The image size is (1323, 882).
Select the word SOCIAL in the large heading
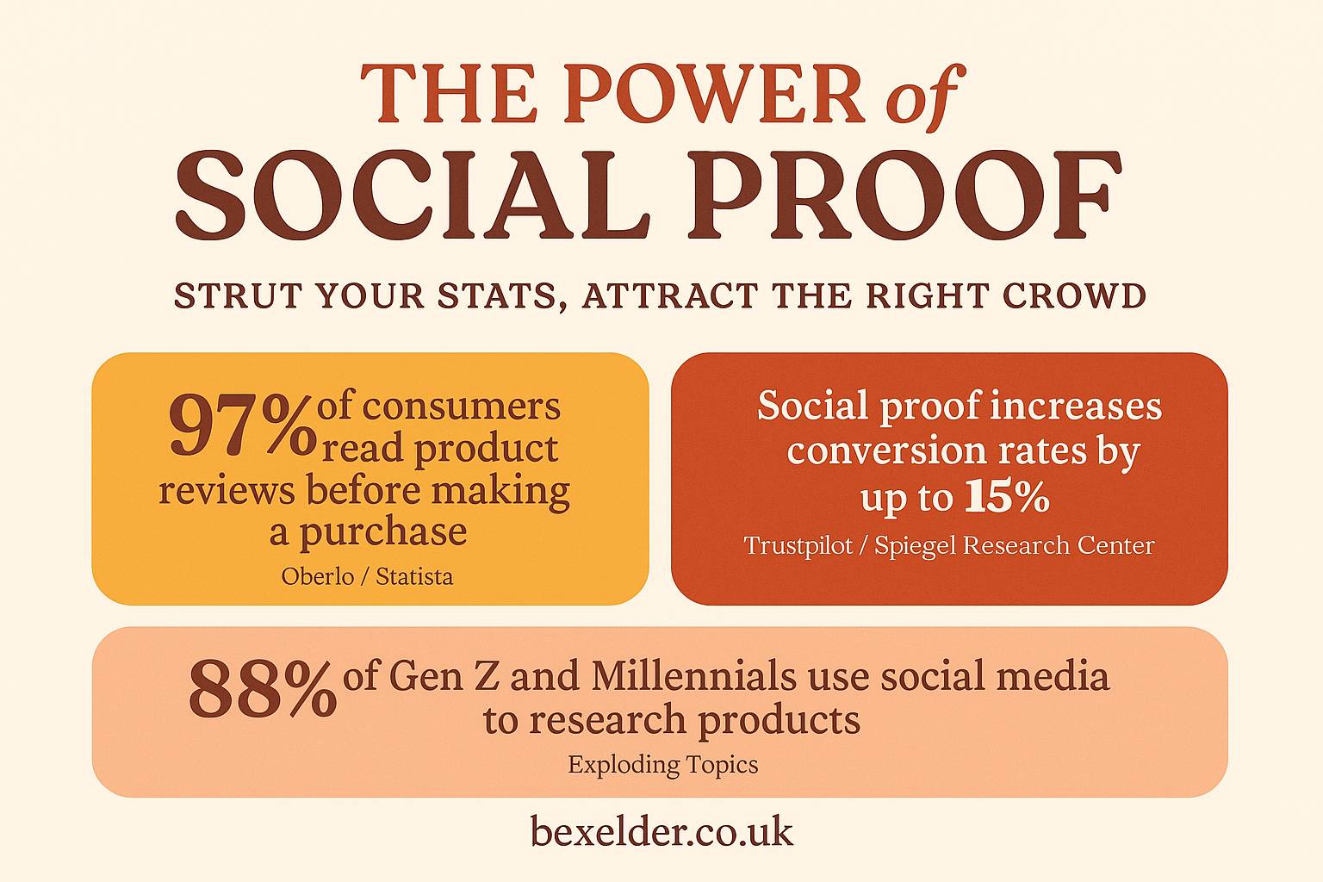[x=413, y=195]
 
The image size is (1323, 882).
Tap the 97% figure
[x=242, y=426]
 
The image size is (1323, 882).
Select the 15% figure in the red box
[x=1006, y=498]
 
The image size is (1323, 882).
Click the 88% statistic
[x=262, y=689]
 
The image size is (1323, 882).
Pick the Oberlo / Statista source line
[x=368, y=576]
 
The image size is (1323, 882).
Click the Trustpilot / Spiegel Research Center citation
[x=949, y=545]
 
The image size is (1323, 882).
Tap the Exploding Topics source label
[x=663, y=765]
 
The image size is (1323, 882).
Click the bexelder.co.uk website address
[x=661, y=831]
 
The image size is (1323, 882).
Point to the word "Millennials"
[x=693, y=676]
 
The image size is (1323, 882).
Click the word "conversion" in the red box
[x=886, y=452]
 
